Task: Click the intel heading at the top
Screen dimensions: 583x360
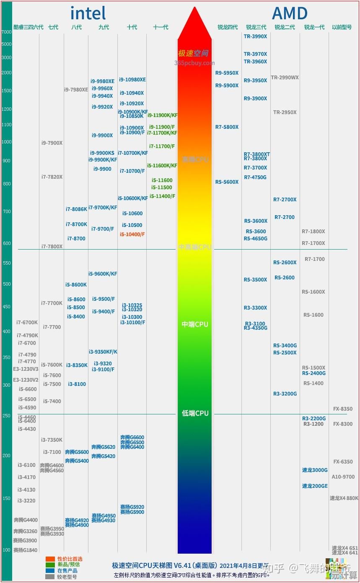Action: (x=88, y=13)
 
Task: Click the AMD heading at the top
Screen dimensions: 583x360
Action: (x=290, y=13)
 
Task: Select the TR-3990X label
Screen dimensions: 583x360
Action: (x=255, y=36)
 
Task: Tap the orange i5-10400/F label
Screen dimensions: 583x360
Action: (x=132, y=234)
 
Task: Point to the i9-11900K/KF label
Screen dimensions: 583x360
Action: (x=162, y=115)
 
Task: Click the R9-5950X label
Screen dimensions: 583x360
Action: (x=227, y=73)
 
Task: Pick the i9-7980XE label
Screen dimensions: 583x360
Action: (x=76, y=90)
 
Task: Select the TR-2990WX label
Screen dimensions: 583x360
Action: (x=285, y=78)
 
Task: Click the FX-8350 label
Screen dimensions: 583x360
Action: (x=342, y=409)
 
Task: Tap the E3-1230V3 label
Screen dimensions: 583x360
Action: (x=26, y=369)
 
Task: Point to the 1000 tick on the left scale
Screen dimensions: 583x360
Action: (x=6, y=142)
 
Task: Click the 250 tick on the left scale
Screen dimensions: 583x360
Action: (x=6, y=416)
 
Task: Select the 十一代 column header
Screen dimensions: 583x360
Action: (x=161, y=27)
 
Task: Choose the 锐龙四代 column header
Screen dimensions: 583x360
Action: (x=227, y=27)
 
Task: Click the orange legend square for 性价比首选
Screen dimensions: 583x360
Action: (x=50, y=559)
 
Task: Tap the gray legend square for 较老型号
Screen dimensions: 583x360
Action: (x=50, y=577)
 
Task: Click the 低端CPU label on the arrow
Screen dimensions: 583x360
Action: (x=195, y=414)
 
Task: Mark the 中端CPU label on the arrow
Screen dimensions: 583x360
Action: (x=195, y=325)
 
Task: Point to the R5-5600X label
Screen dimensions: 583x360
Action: (x=227, y=182)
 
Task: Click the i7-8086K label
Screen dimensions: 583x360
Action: (x=76, y=209)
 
